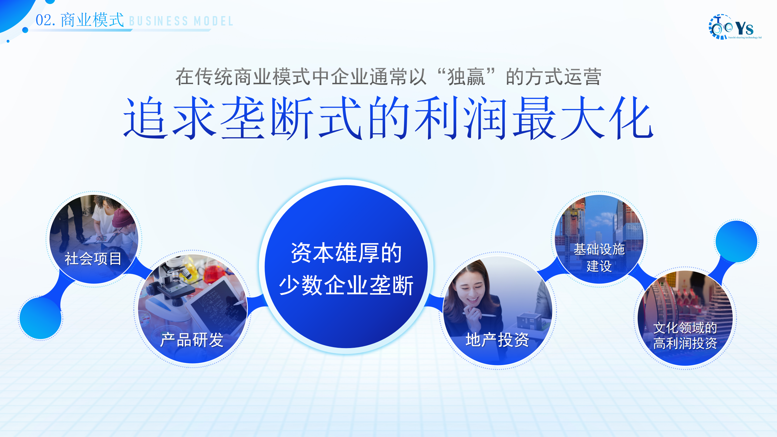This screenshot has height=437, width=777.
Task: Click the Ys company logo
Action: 735,27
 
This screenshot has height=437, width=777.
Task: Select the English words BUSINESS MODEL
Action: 181,21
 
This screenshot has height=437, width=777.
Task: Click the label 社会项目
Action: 93,259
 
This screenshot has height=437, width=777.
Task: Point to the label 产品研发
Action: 192,340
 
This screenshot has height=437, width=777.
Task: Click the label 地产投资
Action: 497,340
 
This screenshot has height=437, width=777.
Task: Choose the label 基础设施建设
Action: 599,258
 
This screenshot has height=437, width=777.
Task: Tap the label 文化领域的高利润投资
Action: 685,336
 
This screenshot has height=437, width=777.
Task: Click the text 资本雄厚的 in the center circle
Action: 346,253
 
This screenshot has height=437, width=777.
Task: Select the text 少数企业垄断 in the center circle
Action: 346,285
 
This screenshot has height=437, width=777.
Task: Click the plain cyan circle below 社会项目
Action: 41,318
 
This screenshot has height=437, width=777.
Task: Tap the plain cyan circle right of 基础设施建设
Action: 736,242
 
